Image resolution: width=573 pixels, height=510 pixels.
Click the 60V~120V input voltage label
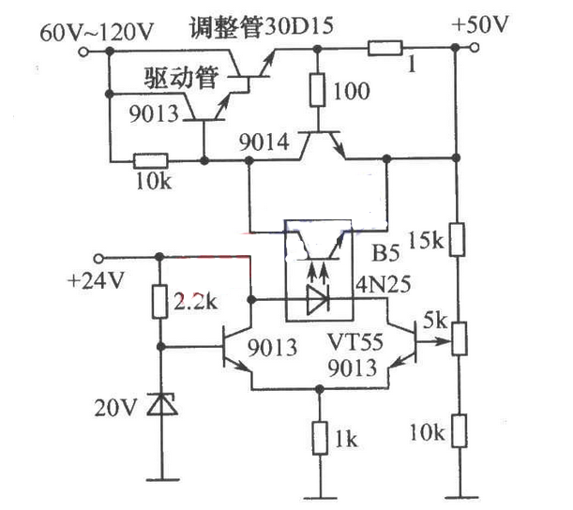pos(97,33)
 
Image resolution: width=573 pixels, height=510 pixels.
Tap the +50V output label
pos(480,24)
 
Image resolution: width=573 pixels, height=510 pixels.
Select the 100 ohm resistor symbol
pos(317,90)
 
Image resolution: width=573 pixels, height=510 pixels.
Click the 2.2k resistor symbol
pos(159,301)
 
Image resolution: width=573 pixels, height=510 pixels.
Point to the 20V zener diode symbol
pos(162,404)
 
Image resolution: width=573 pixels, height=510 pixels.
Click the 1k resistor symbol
pos(320,438)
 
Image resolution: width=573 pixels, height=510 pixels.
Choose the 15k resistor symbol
pos(457,239)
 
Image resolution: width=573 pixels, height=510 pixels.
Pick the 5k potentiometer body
pos(459,338)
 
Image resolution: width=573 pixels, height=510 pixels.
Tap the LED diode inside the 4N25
pos(318,300)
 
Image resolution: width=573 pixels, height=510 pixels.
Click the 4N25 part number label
pos(384,284)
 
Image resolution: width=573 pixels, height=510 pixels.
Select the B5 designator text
pos(385,253)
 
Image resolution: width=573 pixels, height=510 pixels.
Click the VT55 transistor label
pos(355,342)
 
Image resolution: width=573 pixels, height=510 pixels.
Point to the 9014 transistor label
pos(264,142)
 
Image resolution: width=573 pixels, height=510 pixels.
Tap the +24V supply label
pos(96,281)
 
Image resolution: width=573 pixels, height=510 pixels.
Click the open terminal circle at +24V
pos(99,259)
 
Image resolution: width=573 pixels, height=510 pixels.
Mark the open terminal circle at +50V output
pos(475,48)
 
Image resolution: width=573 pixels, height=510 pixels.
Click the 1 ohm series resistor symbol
pos(385,48)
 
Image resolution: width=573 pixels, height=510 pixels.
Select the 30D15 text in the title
pos(298,26)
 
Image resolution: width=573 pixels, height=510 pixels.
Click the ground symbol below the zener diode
pos(162,479)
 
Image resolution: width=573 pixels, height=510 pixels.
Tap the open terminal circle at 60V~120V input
pos(83,52)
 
